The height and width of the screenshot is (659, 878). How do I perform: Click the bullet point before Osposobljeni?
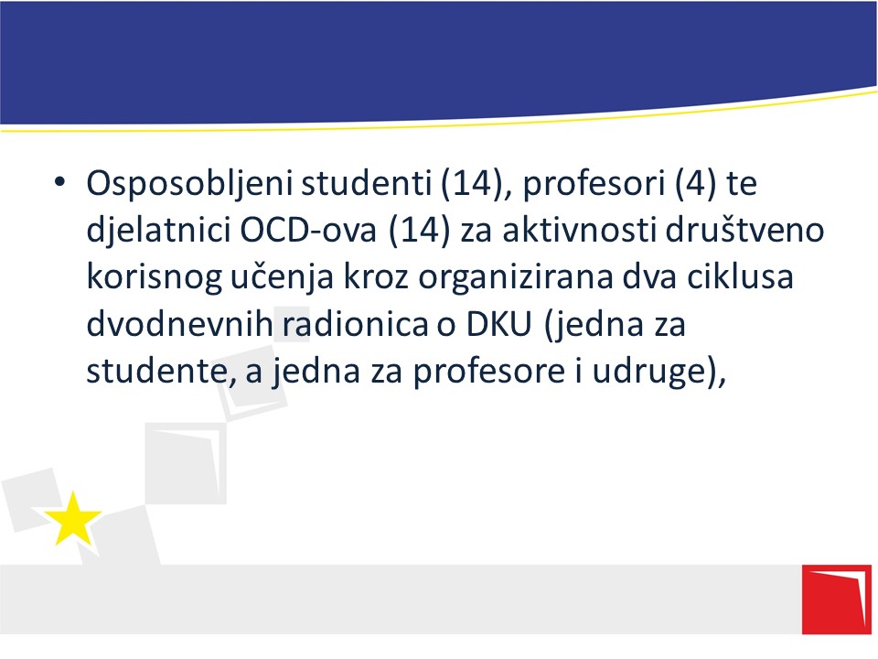[60, 181]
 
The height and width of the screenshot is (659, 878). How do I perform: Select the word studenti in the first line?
[366, 182]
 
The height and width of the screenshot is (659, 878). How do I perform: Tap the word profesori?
[594, 184]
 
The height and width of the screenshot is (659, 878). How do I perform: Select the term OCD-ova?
[308, 229]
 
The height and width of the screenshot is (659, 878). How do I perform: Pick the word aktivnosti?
[579, 229]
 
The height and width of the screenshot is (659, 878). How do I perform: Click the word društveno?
[744, 229]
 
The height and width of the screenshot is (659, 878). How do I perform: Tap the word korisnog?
[154, 277]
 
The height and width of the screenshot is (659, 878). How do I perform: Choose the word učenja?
[283, 277]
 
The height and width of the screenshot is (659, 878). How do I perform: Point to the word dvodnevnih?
[179, 323]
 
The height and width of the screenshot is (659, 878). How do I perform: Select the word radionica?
[355, 323]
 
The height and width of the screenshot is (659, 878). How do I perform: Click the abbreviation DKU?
[499, 324]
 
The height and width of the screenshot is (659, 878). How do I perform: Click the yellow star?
[73, 519]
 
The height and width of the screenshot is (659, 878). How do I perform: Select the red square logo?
[837, 600]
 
